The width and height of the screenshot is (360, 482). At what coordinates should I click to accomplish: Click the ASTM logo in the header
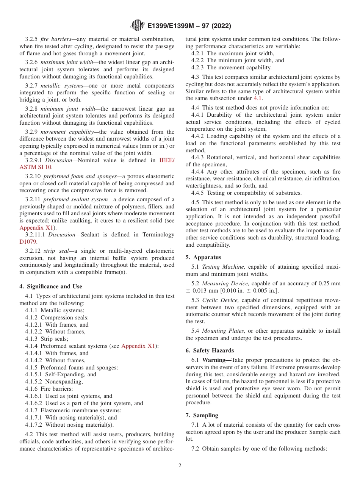[x=137, y=26]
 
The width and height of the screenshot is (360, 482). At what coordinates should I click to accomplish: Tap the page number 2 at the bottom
[x=180, y=466]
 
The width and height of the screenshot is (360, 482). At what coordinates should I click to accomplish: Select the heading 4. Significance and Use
[x=51, y=286]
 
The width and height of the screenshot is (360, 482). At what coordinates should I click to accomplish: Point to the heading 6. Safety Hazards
[x=210, y=351]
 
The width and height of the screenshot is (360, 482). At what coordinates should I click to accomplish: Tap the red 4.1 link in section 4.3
[x=257, y=98]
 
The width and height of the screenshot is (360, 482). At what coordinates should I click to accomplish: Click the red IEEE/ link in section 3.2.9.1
[x=167, y=160]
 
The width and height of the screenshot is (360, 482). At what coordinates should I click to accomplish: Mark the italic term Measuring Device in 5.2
[x=225, y=283]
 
